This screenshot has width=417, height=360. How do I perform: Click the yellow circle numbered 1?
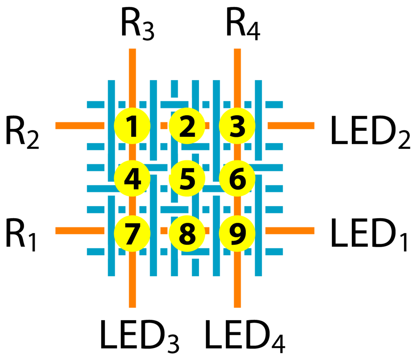pyautogui.click(x=132, y=126)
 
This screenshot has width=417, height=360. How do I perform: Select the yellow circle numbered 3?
pyautogui.click(x=237, y=126)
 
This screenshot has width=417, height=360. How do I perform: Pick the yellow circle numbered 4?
pyautogui.click(x=132, y=178)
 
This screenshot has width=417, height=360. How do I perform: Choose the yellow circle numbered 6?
pyautogui.click(x=237, y=178)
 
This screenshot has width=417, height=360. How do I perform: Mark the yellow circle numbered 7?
pyautogui.click(x=132, y=233)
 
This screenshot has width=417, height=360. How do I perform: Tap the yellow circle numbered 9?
pyautogui.click(x=237, y=233)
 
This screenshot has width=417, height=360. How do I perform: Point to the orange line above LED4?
pyautogui.click(x=237, y=288)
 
